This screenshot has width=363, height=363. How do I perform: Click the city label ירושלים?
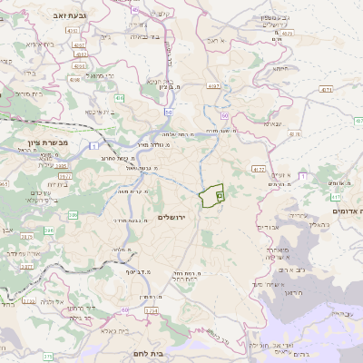[171, 218]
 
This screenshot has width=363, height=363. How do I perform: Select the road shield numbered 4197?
[214, 85]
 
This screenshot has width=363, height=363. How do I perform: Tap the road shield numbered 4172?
[259, 169]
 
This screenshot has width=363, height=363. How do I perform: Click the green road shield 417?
[336, 196]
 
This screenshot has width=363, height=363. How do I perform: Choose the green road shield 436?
[119, 97]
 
